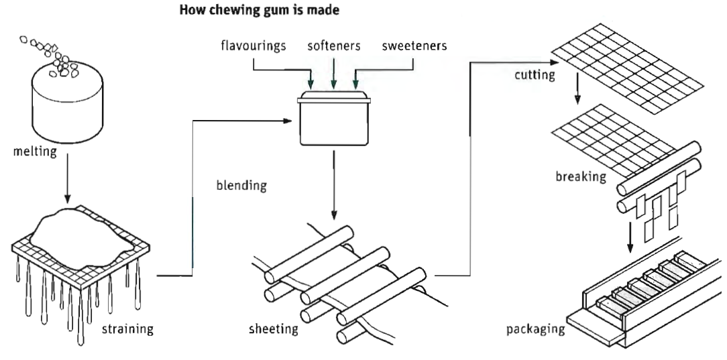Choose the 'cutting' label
pos(535,74)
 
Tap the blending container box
pos(333,124)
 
